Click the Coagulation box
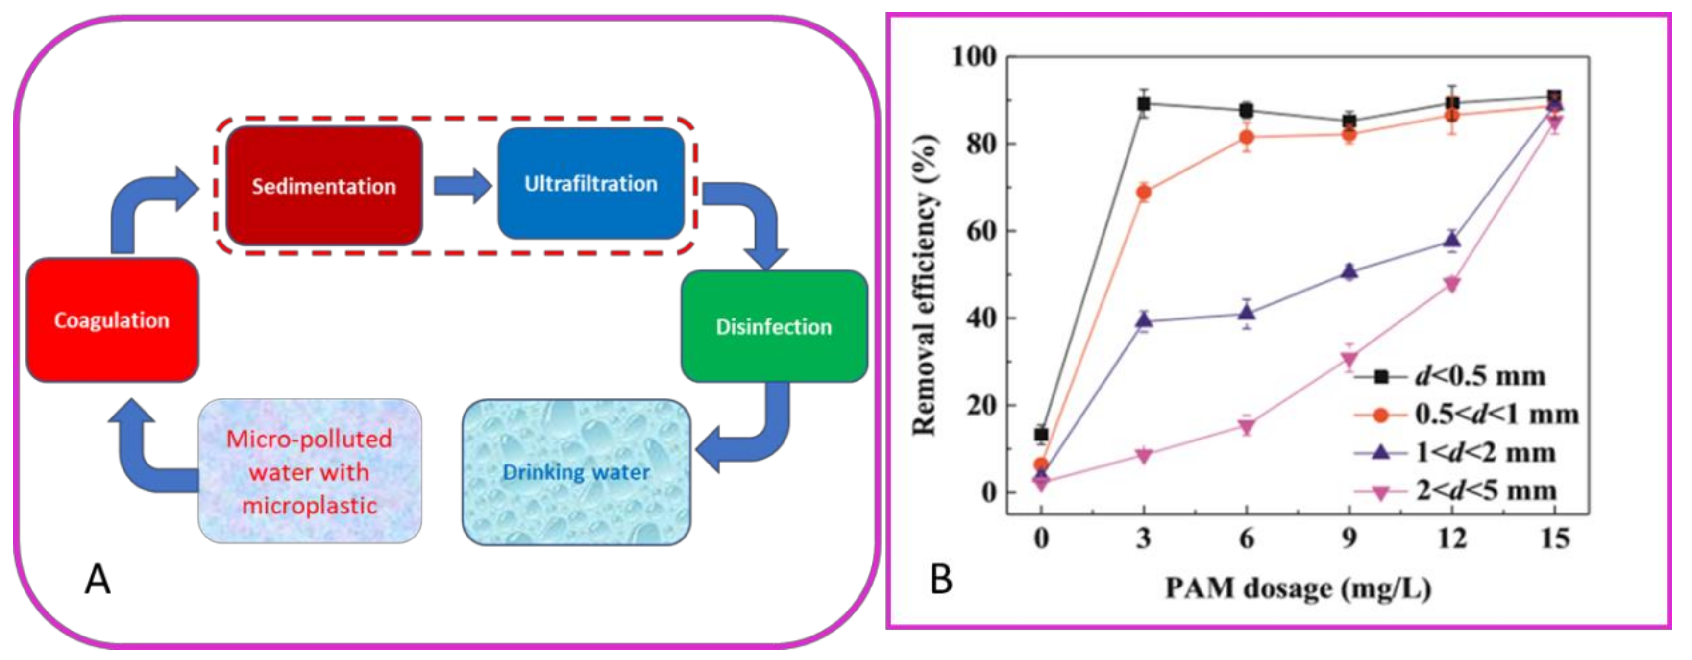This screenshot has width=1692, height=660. [x=112, y=320]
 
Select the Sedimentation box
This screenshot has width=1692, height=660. [x=324, y=186]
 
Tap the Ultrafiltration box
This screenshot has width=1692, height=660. [x=590, y=183]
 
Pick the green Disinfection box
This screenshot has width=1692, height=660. [x=774, y=326]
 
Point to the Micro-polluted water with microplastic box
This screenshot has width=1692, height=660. [x=309, y=471]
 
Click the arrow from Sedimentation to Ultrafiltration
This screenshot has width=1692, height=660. [x=462, y=185]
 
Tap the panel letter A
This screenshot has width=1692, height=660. [x=97, y=580]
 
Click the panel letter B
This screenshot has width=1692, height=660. [x=941, y=580]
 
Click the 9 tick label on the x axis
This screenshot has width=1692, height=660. [x=1349, y=539]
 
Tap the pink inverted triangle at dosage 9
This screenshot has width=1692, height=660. [x=1349, y=359]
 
